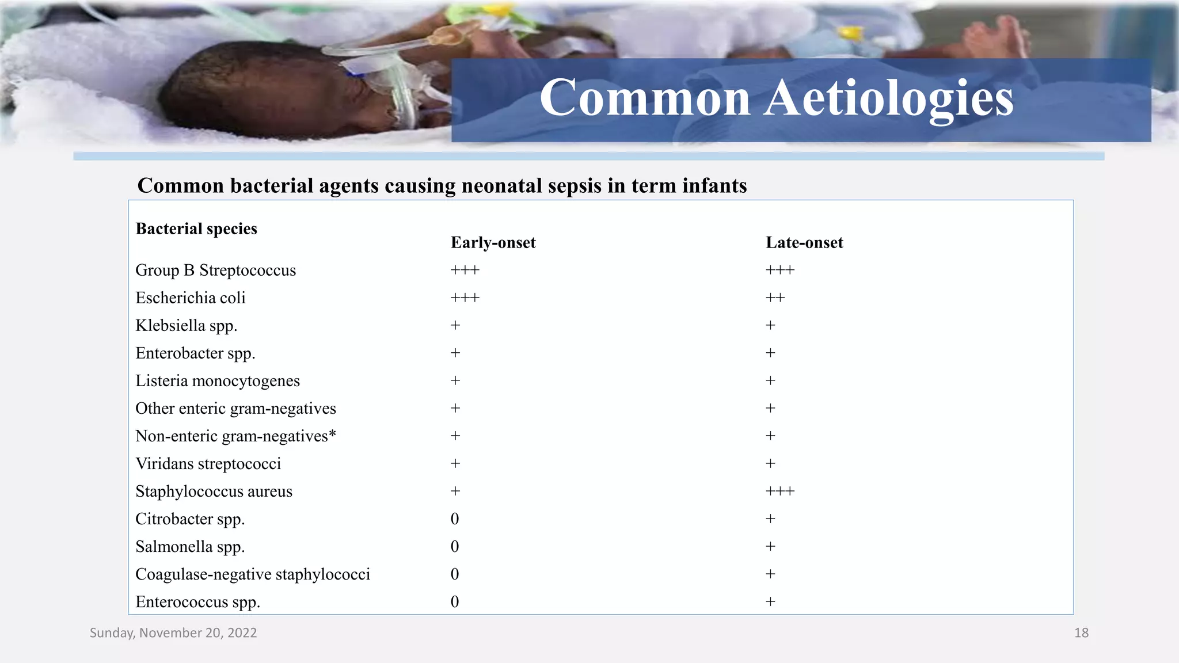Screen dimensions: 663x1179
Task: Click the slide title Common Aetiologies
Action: coord(776,98)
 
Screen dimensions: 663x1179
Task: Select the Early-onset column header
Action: coord(493,243)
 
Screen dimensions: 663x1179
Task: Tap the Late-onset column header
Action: coord(804,243)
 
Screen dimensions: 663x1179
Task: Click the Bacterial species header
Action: coord(196,229)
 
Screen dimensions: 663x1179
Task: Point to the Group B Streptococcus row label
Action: coord(215,270)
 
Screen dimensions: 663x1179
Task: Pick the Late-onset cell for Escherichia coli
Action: coord(775,298)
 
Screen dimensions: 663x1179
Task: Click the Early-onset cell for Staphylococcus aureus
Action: coord(455,491)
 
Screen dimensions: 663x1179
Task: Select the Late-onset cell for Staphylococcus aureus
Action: coord(779,491)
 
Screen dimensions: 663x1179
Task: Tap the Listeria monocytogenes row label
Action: coord(217,381)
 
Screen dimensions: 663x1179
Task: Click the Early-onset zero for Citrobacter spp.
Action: coord(455,519)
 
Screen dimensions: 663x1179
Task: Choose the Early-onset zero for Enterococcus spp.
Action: coord(455,602)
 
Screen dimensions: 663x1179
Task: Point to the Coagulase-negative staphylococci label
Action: coord(252,574)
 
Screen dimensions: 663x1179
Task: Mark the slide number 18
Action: coord(1081,633)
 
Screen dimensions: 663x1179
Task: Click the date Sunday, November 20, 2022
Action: coord(173,633)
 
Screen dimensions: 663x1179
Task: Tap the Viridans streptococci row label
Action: coord(208,464)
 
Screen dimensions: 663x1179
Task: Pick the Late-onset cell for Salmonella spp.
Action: coord(770,547)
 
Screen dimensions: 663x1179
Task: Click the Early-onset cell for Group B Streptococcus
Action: coord(465,270)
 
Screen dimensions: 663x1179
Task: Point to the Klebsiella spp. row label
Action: coord(186,326)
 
